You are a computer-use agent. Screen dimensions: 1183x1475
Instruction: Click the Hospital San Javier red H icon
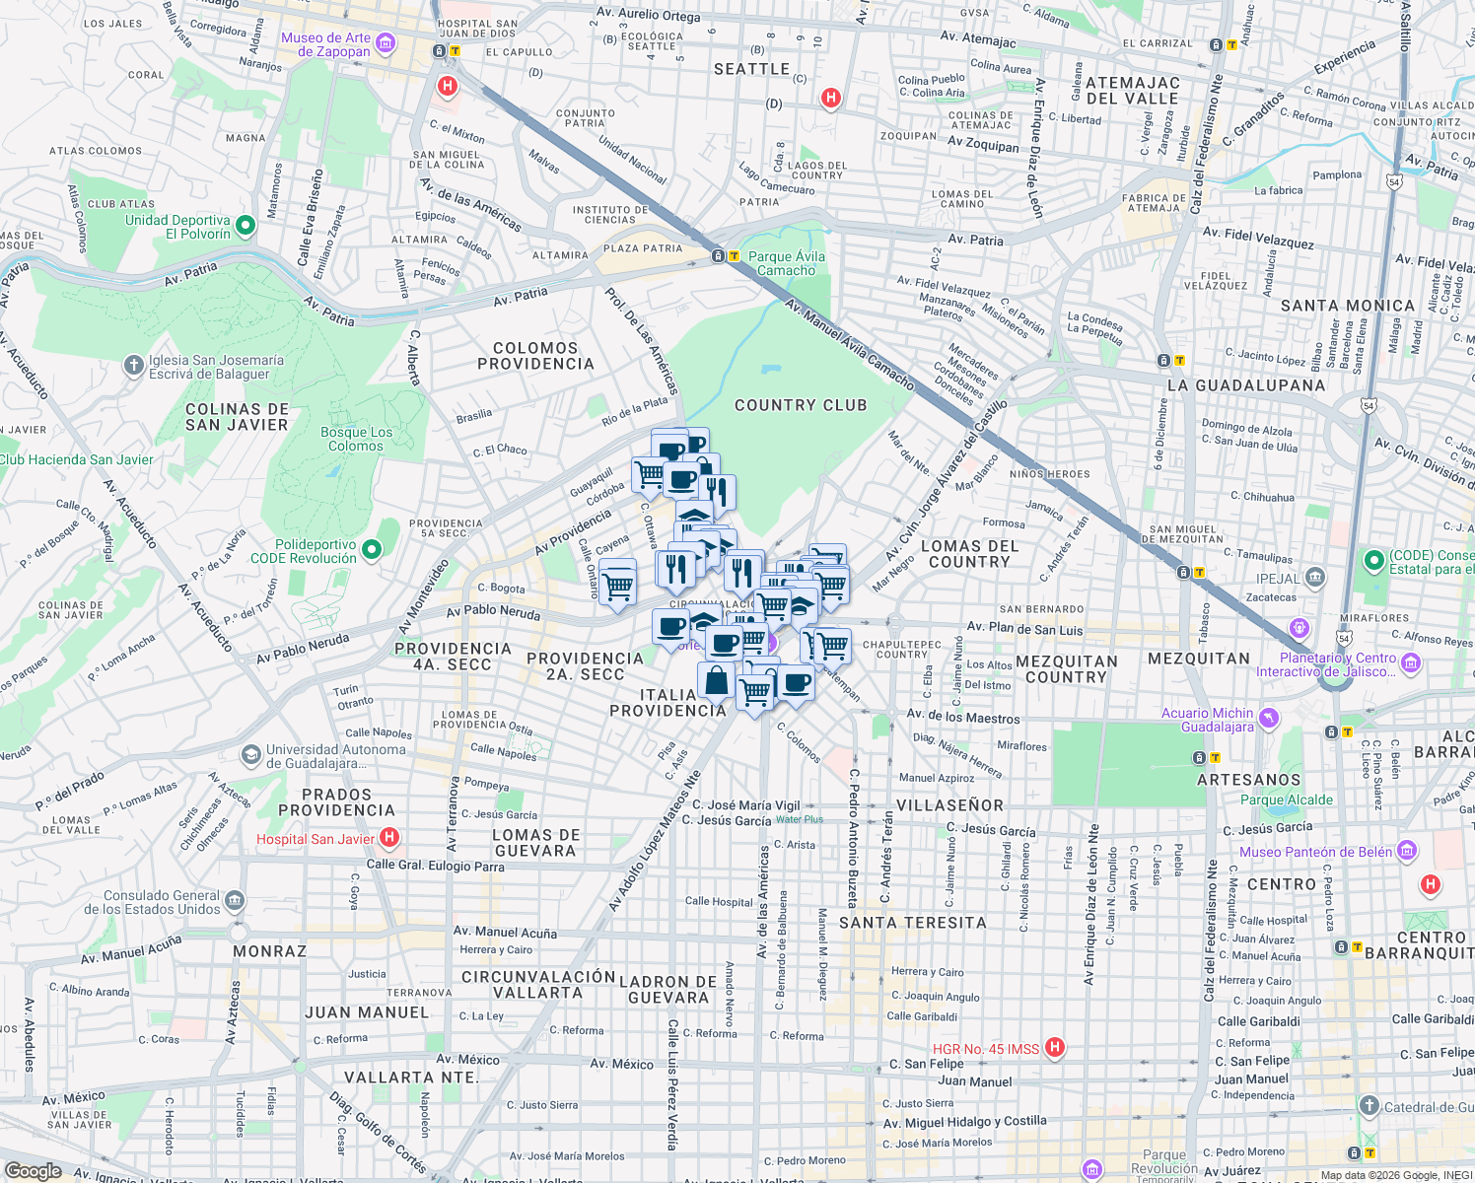pyautogui.click(x=389, y=838)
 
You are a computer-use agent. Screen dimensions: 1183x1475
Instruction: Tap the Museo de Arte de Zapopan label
pyautogui.click(x=325, y=45)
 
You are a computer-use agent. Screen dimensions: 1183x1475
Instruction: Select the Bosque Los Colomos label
pyautogui.click(x=356, y=440)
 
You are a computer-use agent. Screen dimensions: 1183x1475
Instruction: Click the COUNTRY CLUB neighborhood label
pyautogui.click(x=801, y=405)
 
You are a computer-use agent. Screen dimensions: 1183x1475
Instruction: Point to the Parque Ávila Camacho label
pyautogui.click(x=787, y=263)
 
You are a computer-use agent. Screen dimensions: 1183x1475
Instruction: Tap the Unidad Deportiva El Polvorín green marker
pyautogui.click(x=246, y=227)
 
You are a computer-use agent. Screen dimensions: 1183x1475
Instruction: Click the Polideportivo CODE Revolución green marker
pyautogui.click(x=372, y=550)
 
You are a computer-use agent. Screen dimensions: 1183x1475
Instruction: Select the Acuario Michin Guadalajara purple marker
pyautogui.click(x=1269, y=719)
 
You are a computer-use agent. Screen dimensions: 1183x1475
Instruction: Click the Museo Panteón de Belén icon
pyautogui.click(x=1407, y=851)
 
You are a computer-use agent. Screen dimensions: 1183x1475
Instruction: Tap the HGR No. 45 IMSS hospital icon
pyautogui.click(x=1055, y=1047)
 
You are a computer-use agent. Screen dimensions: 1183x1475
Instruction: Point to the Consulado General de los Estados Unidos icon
pyautogui.click(x=235, y=900)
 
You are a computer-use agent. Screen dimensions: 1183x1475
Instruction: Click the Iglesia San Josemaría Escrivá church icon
pyautogui.click(x=134, y=366)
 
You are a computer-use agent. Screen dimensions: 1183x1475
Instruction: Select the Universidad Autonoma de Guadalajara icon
pyautogui.click(x=251, y=755)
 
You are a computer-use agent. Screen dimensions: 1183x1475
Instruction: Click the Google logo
pyautogui.click(x=33, y=1170)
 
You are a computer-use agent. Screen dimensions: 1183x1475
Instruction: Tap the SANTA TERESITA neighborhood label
pyautogui.click(x=912, y=923)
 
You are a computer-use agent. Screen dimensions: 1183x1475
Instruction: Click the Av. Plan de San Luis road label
pyautogui.click(x=1024, y=629)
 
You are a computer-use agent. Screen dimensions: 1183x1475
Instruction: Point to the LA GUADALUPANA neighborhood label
pyautogui.click(x=1245, y=385)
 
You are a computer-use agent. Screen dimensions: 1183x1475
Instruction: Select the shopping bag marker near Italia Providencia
pyautogui.click(x=717, y=680)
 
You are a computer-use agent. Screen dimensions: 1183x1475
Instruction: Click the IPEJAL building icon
pyautogui.click(x=1314, y=578)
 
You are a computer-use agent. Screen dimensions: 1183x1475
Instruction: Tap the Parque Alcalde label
pyautogui.click(x=1286, y=800)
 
